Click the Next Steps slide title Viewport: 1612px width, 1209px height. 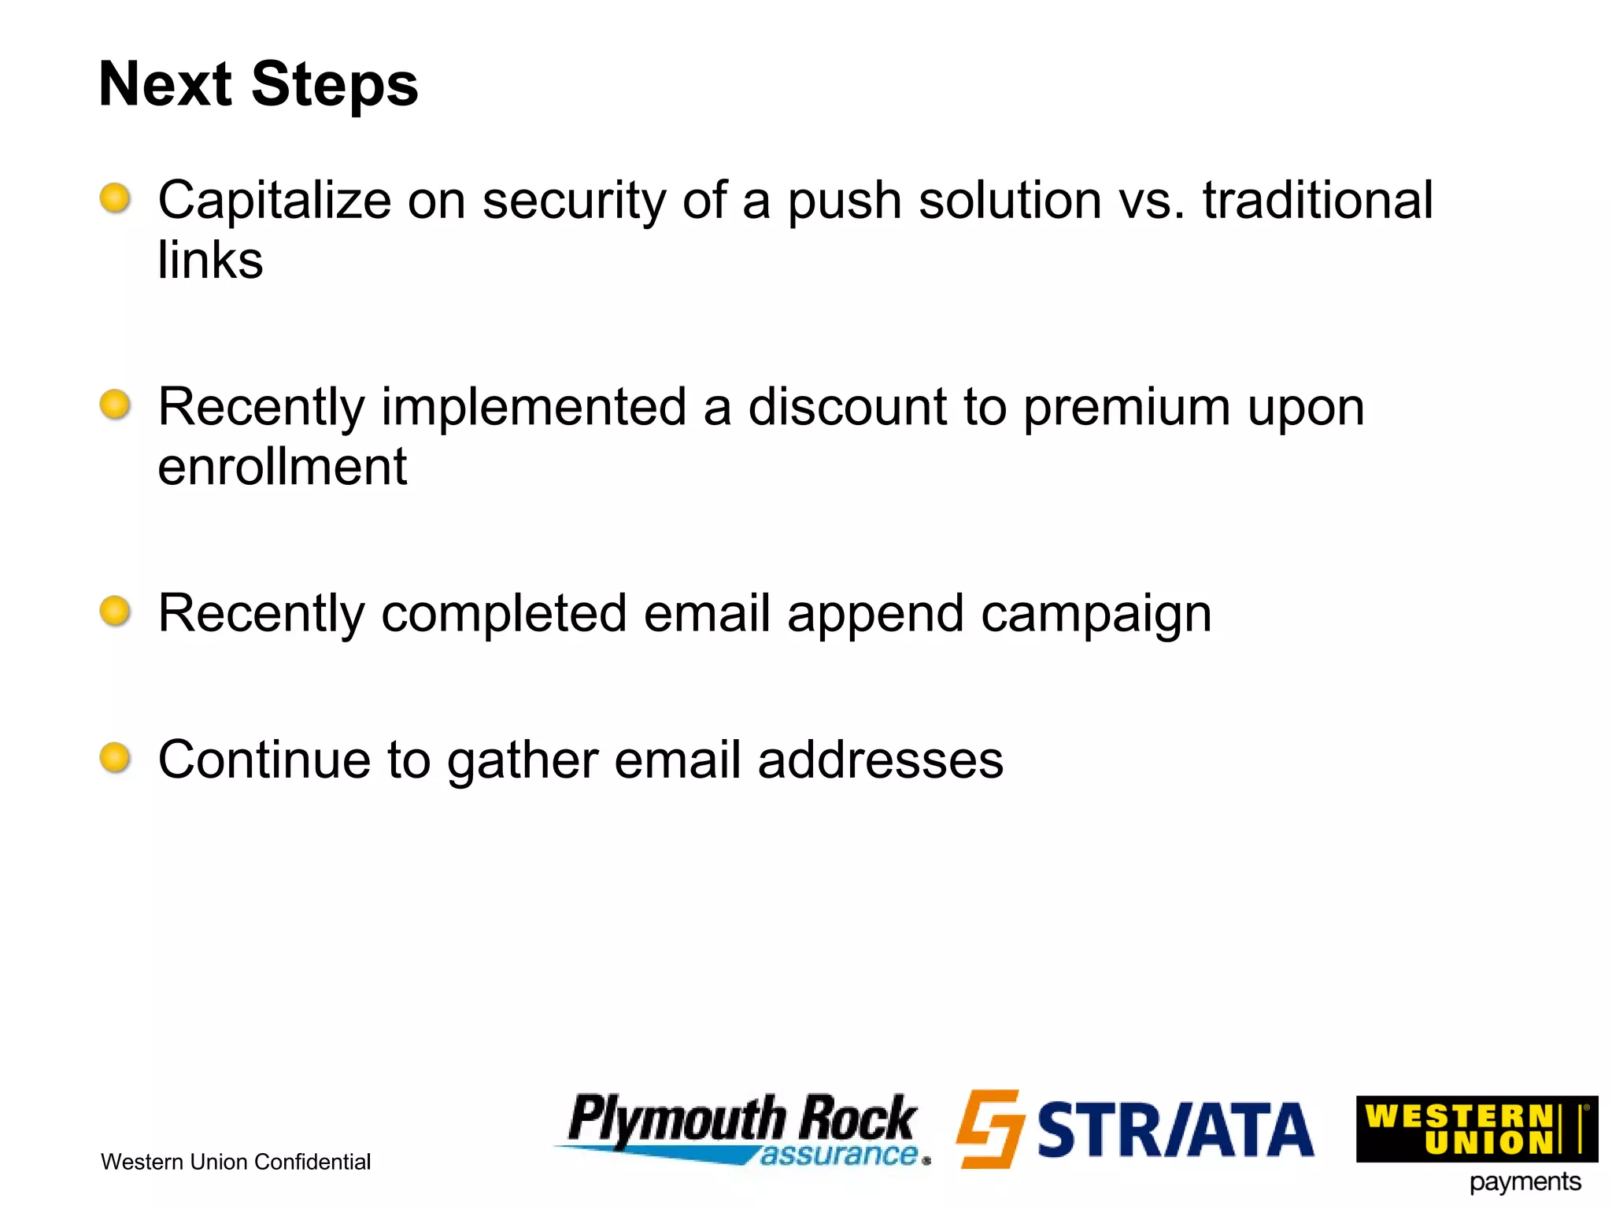click(x=258, y=85)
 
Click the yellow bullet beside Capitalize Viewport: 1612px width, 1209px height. click(x=115, y=198)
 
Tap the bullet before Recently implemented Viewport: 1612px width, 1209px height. click(x=115, y=405)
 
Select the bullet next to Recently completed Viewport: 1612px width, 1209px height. click(x=115, y=611)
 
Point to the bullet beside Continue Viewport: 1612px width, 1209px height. click(x=115, y=757)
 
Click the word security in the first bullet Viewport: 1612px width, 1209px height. click(x=574, y=201)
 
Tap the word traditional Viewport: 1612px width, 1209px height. click(x=1317, y=200)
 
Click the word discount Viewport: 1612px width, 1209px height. click(x=847, y=408)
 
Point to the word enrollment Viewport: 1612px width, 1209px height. click(x=282, y=467)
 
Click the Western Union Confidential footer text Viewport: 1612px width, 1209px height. click(x=235, y=1162)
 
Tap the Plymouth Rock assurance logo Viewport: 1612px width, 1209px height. click(x=743, y=1128)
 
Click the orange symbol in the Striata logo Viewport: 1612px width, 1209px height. click(x=989, y=1128)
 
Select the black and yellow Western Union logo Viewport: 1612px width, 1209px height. click(x=1475, y=1129)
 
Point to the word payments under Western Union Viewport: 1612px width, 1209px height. click(x=1525, y=1182)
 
